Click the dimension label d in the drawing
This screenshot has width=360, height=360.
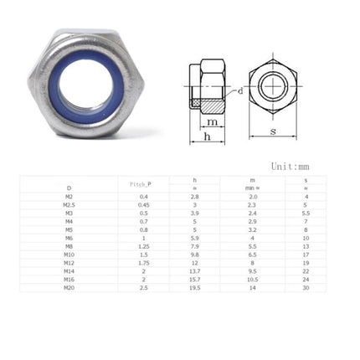point(241,90)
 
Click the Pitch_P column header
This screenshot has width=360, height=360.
point(142,183)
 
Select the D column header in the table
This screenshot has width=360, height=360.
point(69,188)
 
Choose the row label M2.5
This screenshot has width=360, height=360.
point(69,204)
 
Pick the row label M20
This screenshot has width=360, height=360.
point(69,287)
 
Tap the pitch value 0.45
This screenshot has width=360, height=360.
point(144,204)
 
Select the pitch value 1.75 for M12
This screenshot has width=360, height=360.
point(144,263)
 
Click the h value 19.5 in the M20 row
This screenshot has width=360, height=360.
point(194,287)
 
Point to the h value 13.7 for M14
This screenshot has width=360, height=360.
point(194,271)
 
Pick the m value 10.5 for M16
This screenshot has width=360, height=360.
point(252,279)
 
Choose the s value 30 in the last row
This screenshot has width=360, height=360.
point(306,287)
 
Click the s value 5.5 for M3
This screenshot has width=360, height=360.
point(306,213)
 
